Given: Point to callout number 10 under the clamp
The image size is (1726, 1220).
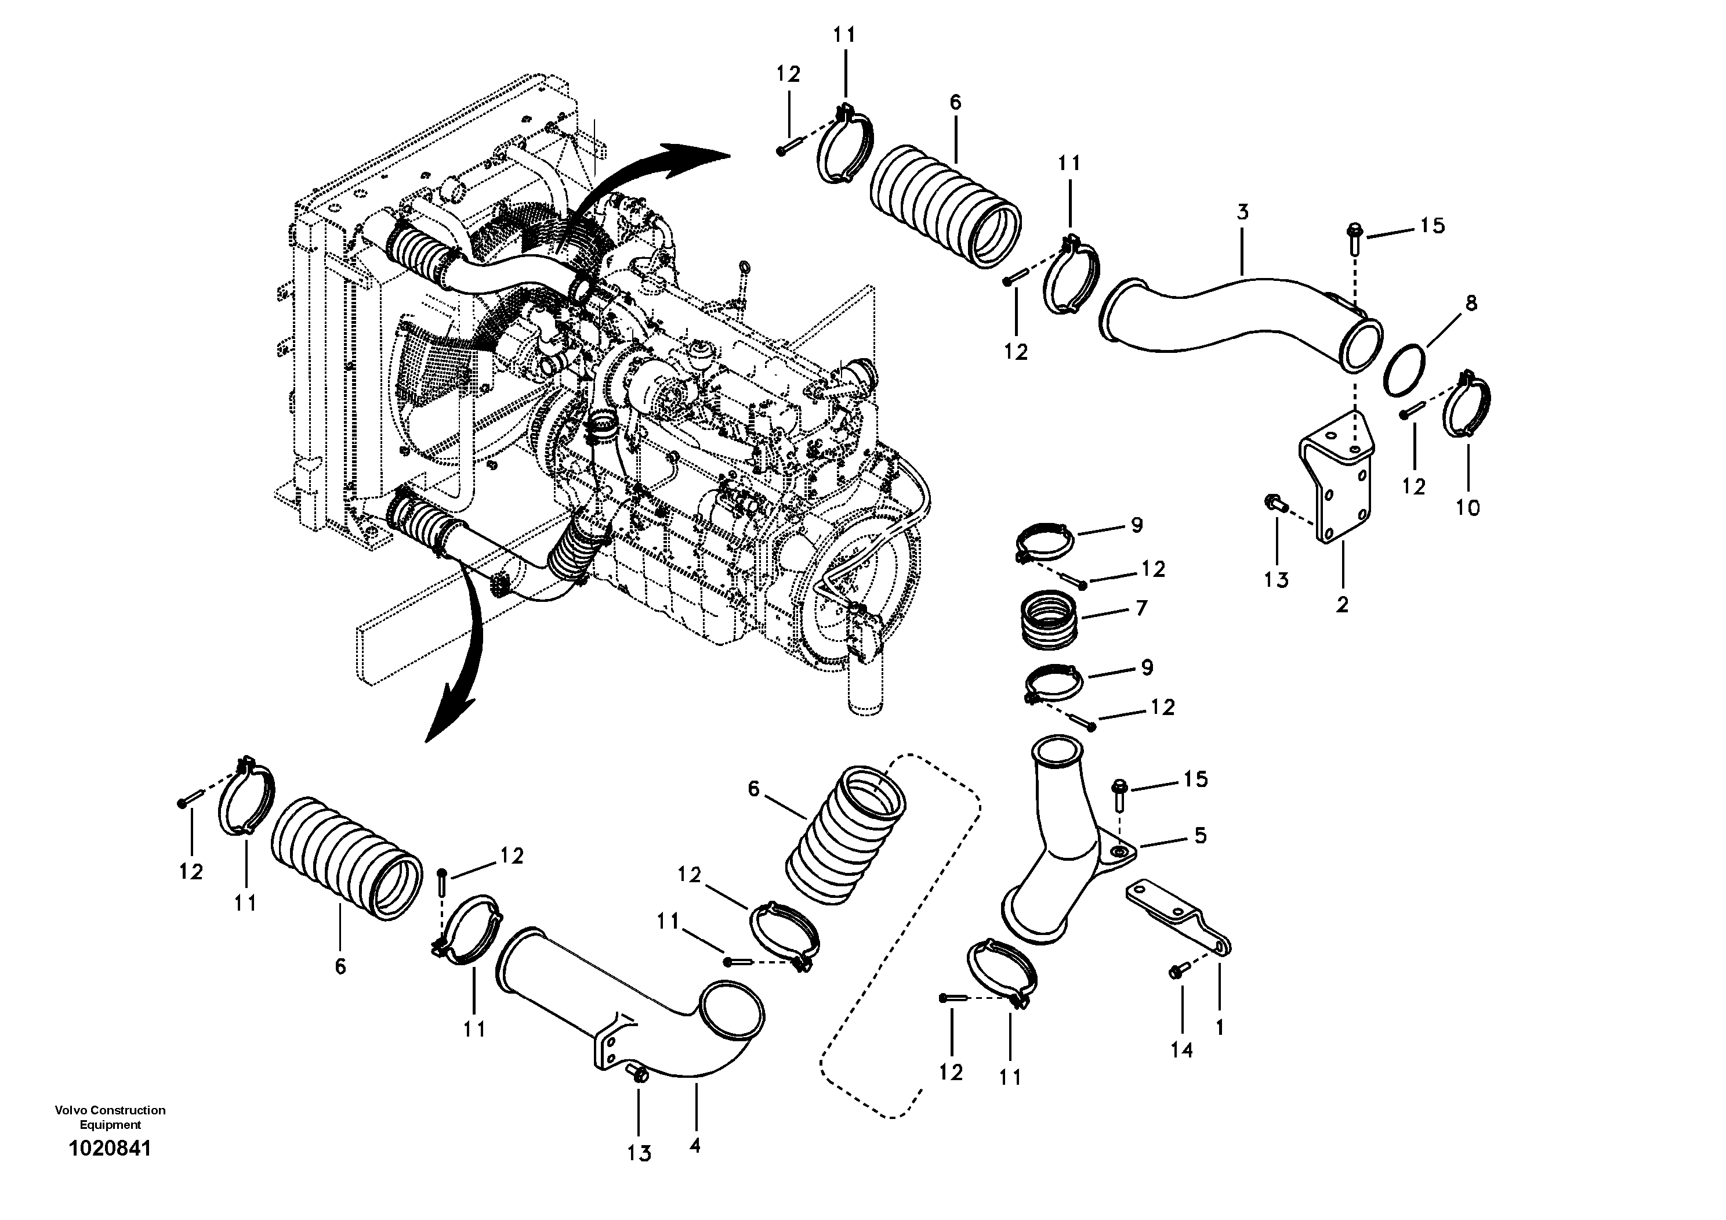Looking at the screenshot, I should pyautogui.click(x=1467, y=508).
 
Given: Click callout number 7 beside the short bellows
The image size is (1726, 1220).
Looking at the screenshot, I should pyautogui.click(x=1141, y=608).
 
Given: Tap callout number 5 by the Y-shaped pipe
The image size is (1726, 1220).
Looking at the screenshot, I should pyautogui.click(x=1200, y=836).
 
